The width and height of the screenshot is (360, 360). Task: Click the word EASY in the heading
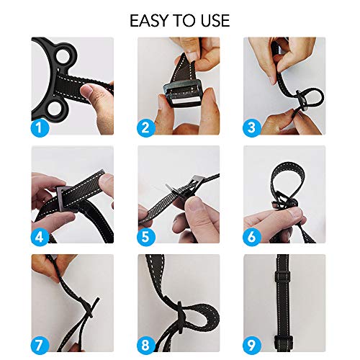point(149,19)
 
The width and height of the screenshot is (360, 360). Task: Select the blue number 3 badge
point(252,128)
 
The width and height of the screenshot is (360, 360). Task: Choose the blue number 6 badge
point(252,236)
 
